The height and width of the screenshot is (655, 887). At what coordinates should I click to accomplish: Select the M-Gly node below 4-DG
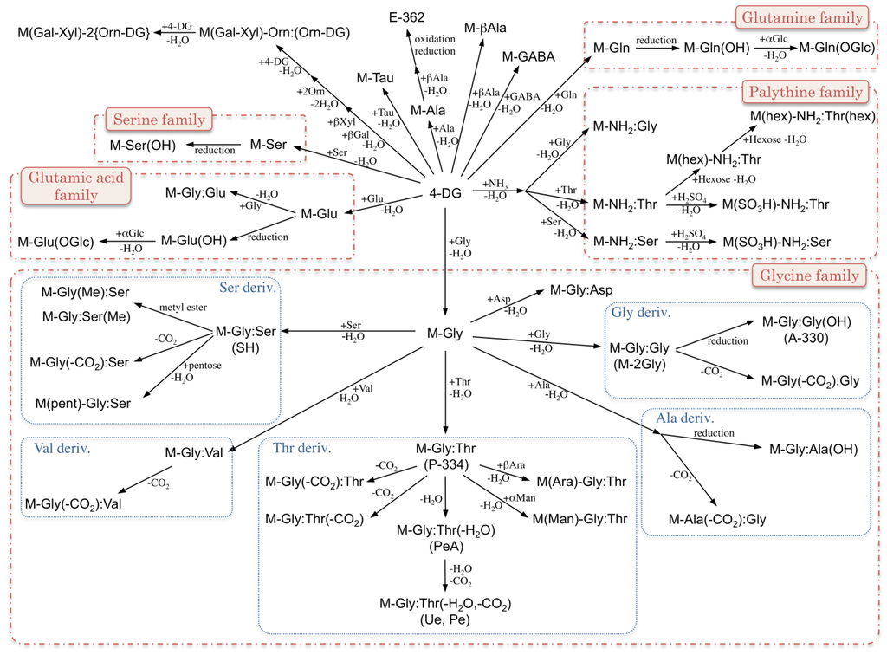tap(445, 334)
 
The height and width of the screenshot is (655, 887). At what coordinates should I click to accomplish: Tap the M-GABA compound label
tap(528, 57)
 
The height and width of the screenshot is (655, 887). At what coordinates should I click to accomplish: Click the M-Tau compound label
tap(376, 78)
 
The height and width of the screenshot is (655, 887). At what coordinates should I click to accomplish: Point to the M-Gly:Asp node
tap(581, 290)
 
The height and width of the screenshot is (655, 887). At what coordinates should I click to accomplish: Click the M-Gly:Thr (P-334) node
tap(445, 457)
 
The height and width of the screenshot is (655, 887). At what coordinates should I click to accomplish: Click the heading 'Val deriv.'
tap(63, 449)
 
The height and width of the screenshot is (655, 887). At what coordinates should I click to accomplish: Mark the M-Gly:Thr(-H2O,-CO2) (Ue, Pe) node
tap(445, 611)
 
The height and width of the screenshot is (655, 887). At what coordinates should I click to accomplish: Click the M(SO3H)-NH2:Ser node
tap(777, 240)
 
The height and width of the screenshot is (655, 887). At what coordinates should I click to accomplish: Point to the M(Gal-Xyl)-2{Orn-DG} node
tap(83, 33)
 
